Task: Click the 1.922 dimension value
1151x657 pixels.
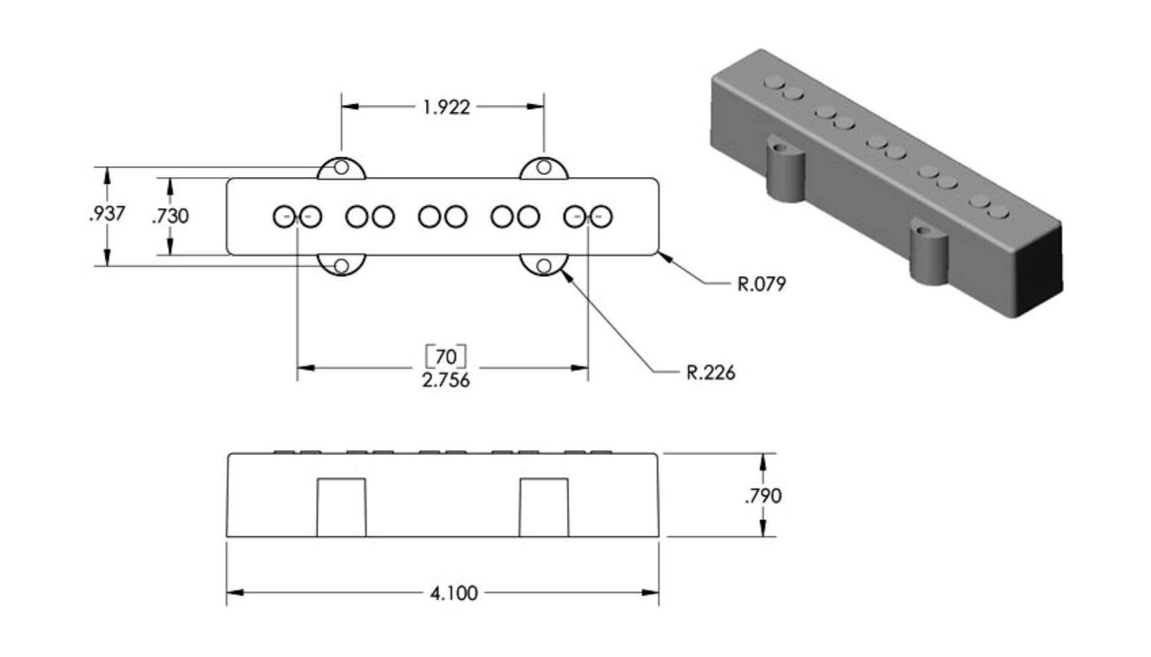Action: (446, 107)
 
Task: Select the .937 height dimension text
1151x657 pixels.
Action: (106, 214)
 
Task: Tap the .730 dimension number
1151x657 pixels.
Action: (171, 216)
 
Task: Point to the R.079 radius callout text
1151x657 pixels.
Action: (761, 284)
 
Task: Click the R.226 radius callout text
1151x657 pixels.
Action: (710, 373)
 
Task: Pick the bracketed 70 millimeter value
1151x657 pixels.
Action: (446, 356)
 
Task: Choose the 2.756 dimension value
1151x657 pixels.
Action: (446, 380)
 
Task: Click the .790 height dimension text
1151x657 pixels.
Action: (763, 496)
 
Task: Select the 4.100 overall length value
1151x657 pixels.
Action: (453, 593)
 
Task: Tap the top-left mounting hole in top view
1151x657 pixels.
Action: (341, 167)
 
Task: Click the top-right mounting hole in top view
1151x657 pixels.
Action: (544, 167)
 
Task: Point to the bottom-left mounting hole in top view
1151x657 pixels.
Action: (341, 266)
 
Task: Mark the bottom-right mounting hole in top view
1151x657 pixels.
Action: (544, 266)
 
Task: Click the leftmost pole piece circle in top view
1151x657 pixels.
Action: (284, 216)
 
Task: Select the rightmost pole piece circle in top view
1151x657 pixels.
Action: (601, 216)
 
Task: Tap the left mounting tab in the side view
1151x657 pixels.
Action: (341, 507)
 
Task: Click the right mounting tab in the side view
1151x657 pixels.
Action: (544, 507)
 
